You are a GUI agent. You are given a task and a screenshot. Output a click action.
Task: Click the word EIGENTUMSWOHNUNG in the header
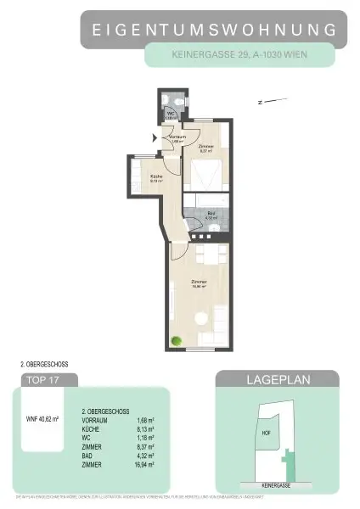click(x=213, y=30)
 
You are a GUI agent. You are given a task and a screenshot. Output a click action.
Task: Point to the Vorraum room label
click(x=177, y=137)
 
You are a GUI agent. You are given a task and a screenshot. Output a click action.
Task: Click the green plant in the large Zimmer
click(x=177, y=341)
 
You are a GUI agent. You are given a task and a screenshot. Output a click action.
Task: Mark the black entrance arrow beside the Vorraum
click(x=154, y=137)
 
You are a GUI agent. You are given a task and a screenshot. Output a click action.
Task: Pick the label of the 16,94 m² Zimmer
click(x=199, y=282)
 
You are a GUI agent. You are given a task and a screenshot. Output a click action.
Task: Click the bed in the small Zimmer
click(x=205, y=176)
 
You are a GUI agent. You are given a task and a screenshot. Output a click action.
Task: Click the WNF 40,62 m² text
click(x=45, y=417)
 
